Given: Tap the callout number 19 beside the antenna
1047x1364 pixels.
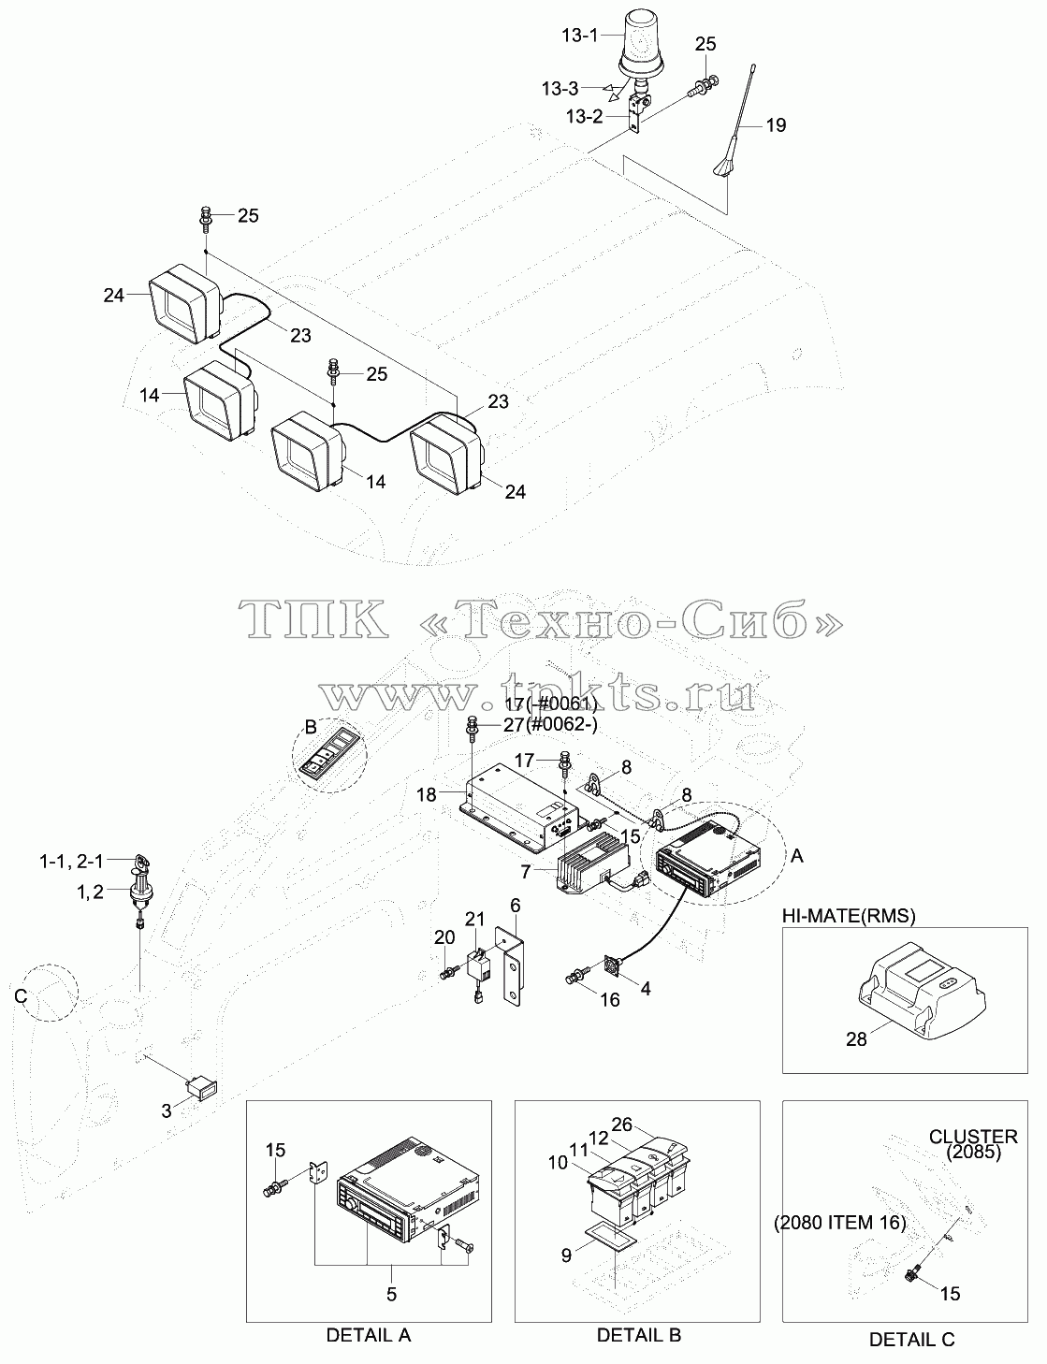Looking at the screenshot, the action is [776, 125].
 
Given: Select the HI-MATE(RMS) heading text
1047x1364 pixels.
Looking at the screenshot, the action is [849, 917].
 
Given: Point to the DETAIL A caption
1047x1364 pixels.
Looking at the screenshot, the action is [369, 1335].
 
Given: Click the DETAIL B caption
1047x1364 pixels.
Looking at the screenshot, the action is [639, 1335].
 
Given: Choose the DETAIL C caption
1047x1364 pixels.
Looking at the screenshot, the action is [911, 1340].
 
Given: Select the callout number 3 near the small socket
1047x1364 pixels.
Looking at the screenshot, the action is [167, 1111].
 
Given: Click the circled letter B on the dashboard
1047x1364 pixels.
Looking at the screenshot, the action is [310, 728].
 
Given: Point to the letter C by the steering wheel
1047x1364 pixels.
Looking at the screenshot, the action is [22, 996].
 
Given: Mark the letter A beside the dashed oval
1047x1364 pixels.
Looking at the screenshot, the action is [796, 856].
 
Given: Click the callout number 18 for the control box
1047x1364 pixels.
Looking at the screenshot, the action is [427, 794].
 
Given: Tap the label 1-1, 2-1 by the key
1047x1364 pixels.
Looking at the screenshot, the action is [71, 862].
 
